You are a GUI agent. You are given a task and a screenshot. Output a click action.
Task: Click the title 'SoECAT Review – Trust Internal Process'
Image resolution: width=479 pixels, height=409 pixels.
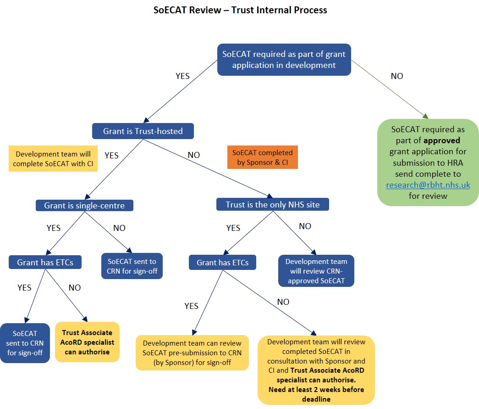click(x=240, y=10)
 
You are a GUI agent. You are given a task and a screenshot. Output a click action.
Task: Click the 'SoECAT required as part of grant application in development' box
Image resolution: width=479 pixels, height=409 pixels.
click(x=284, y=60)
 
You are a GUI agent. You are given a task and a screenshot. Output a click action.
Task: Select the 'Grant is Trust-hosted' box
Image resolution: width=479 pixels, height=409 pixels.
click(x=143, y=131)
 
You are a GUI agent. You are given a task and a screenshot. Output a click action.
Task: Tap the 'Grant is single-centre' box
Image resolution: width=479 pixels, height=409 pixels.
click(x=84, y=205)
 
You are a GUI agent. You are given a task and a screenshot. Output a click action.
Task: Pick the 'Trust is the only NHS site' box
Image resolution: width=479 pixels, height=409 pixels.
click(x=272, y=205)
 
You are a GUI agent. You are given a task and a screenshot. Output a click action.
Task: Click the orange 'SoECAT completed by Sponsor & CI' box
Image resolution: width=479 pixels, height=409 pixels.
click(x=262, y=157)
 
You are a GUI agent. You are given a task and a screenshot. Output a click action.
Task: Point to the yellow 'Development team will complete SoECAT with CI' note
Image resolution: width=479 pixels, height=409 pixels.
click(x=53, y=159)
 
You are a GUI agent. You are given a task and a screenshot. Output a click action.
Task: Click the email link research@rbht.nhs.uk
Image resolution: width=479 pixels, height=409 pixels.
click(x=428, y=185)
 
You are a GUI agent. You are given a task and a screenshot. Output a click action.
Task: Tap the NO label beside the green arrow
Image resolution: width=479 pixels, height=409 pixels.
click(x=397, y=76)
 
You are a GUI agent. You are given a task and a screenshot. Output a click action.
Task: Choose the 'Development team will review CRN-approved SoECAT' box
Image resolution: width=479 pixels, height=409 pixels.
click(x=316, y=271)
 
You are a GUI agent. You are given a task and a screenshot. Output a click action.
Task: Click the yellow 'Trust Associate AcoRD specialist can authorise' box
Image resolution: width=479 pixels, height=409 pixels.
click(x=87, y=342)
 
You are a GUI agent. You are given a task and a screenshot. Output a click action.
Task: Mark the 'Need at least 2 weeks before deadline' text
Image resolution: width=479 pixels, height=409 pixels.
click(x=316, y=394)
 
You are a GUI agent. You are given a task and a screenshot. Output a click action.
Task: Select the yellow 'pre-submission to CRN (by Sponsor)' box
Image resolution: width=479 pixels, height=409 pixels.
click(x=192, y=353)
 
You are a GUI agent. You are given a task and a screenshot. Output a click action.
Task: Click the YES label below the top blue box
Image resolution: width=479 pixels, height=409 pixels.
click(x=182, y=76)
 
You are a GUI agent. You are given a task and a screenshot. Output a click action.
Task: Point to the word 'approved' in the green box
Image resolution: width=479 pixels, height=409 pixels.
click(x=442, y=140)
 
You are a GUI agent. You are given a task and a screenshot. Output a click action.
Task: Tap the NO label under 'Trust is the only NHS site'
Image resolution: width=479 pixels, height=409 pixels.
click(x=305, y=226)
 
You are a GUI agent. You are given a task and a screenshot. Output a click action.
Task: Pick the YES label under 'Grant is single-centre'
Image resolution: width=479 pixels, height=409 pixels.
click(x=53, y=228)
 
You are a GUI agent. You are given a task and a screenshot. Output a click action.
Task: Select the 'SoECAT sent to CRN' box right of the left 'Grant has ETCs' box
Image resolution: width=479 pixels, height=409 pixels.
click(x=132, y=266)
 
